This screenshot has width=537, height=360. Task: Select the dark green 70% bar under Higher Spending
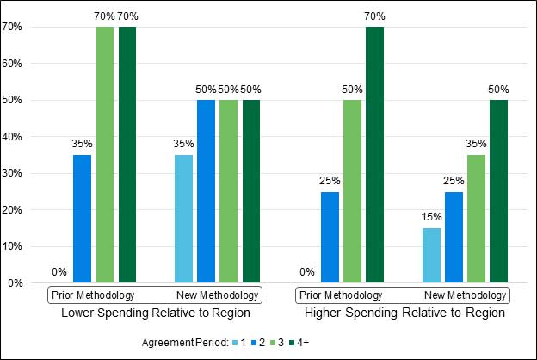click(x=375, y=154)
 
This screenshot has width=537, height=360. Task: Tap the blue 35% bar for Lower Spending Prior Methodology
click(x=83, y=219)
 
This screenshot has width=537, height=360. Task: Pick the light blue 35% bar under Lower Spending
click(x=183, y=219)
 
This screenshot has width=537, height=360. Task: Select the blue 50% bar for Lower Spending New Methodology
click(x=206, y=191)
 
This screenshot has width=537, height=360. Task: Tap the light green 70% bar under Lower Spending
click(x=105, y=154)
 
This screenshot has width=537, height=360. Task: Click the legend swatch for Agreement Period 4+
click(x=291, y=343)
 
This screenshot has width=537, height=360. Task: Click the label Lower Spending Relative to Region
click(x=156, y=312)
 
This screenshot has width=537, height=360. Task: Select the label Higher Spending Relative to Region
click(x=404, y=312)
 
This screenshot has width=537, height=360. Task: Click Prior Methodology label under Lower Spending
click(x=86, y=295)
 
